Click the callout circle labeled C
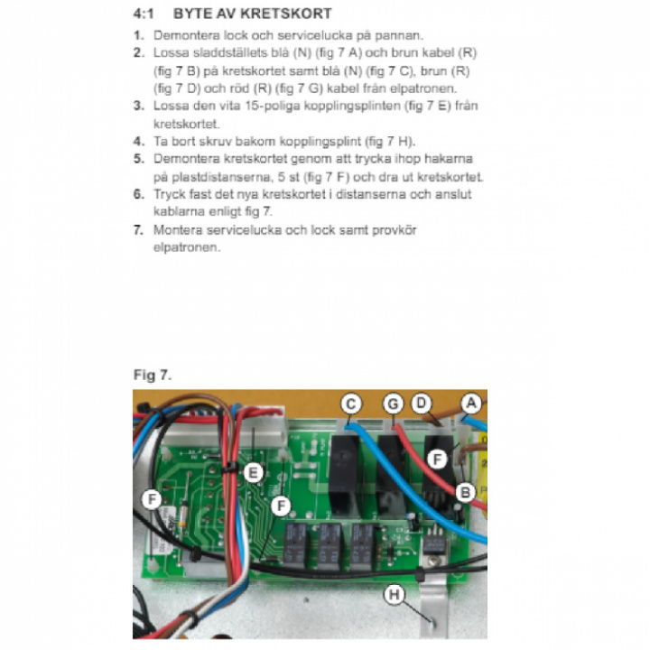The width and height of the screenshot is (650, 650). point(351,404)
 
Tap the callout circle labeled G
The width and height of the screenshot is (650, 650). point(392,405)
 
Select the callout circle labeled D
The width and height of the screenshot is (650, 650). point(421,404)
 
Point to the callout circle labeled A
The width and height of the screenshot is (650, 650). point(470,404)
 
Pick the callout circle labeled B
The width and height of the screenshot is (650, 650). point(466,492)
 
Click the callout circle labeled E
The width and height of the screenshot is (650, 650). point(254,471)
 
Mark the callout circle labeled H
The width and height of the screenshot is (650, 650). point(394,594)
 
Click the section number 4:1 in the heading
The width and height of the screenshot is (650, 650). point(146,14)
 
